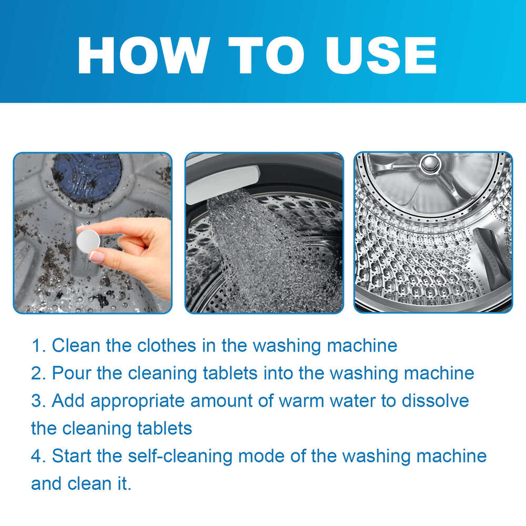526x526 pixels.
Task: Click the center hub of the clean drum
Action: coord(430,163)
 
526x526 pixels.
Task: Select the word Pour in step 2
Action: coord(72,373)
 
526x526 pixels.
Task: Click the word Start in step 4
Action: coord(73,456)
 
